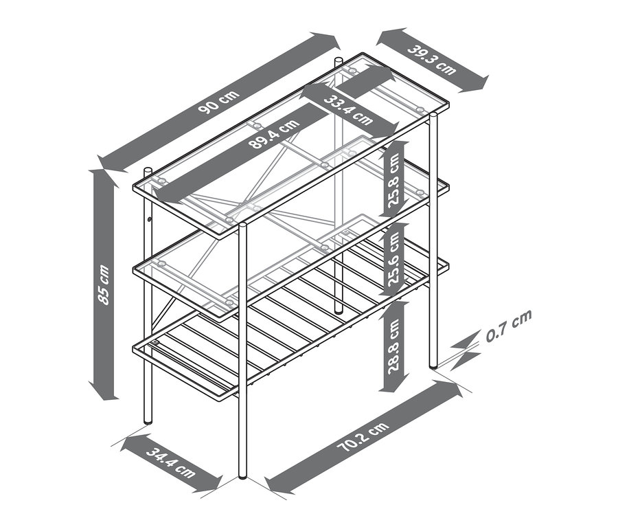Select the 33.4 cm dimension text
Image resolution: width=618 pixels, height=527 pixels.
click(348, 109)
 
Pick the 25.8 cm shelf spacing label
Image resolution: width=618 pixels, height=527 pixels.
click(393, 179)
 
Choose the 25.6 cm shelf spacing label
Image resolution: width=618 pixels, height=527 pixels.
click(393, 260)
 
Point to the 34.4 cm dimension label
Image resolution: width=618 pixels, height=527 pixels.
click(171, 462)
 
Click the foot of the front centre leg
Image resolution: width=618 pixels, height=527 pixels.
click(242, 475)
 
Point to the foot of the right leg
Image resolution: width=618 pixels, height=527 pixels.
click(433, 364)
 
